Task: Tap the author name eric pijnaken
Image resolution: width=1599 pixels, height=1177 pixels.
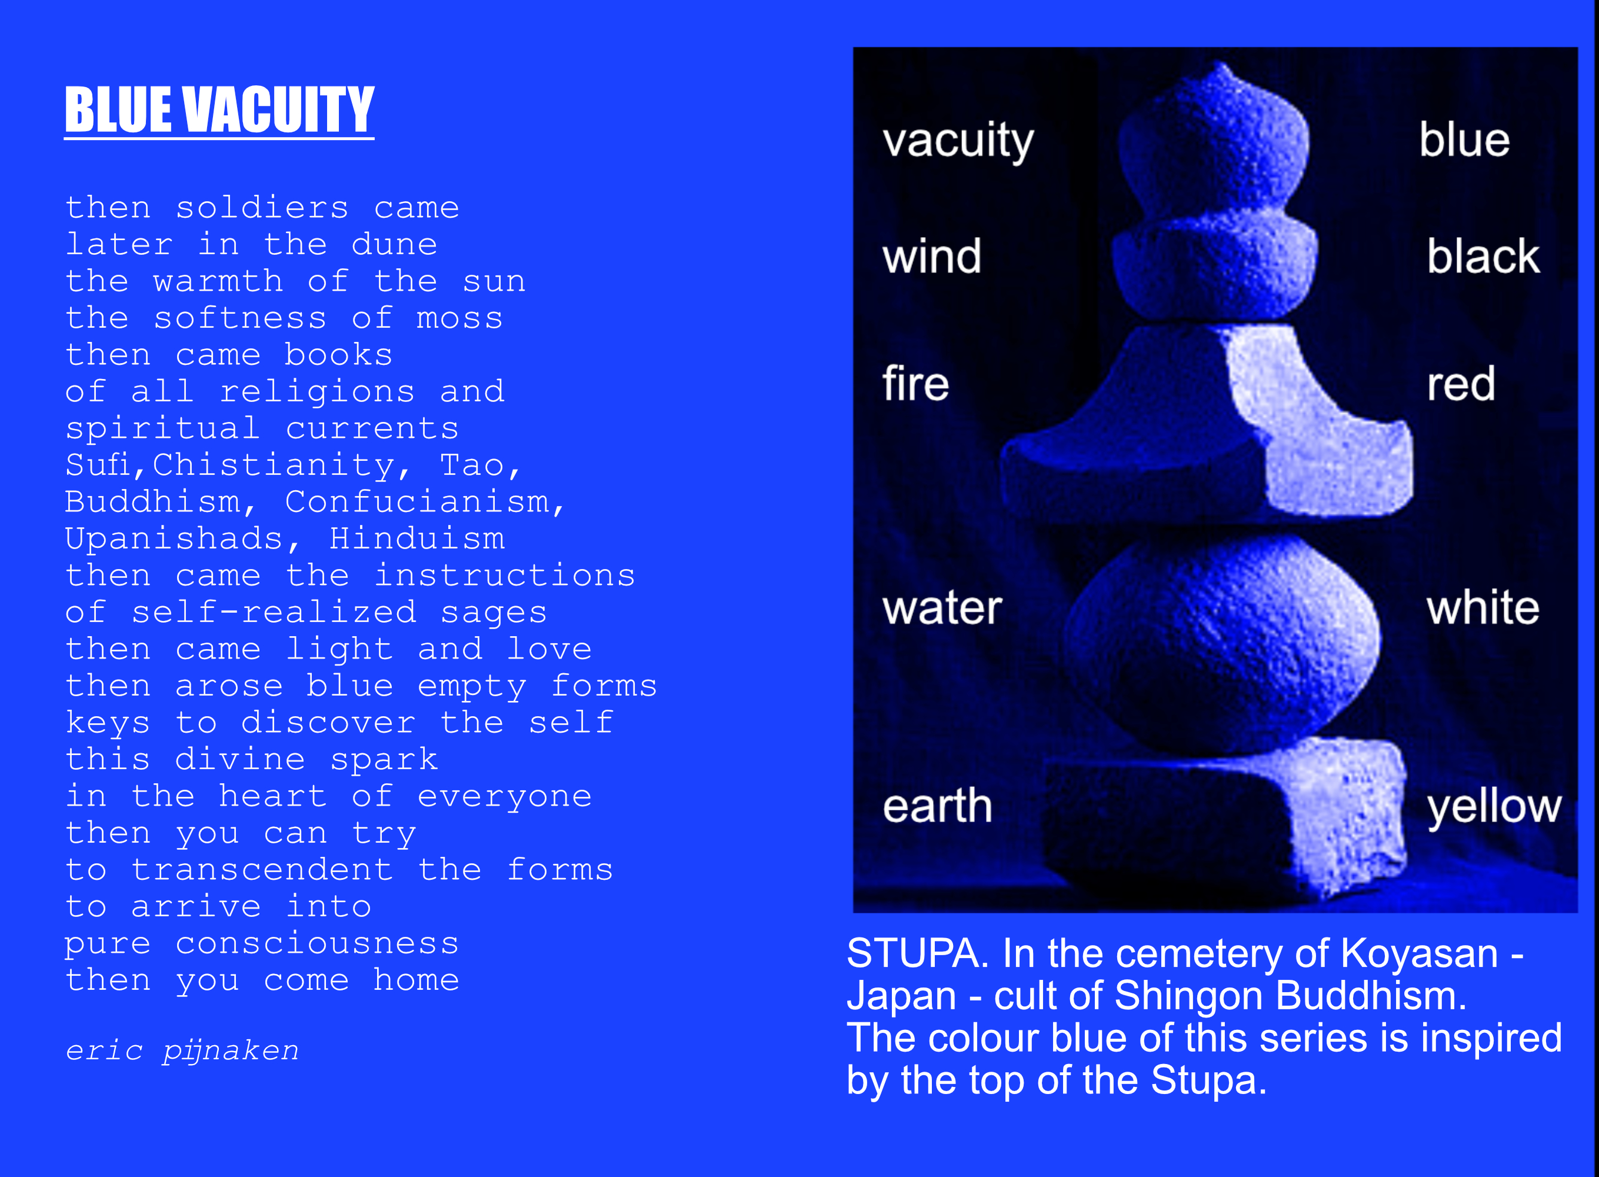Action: point(182,1051)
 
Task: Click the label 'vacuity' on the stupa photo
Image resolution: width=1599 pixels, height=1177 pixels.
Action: point(958,141)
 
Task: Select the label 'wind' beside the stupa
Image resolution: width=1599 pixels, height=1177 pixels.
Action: point(932,257)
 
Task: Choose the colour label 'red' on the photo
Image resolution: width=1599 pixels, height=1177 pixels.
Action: point(1460,384)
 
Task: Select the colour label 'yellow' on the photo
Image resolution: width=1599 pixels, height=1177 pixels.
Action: point(1494,808)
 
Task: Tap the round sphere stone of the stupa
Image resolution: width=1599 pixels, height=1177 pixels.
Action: point(1220,645)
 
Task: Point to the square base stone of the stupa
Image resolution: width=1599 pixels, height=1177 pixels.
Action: point(1224,819)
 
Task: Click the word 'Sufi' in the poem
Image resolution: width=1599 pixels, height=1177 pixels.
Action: point(98,464)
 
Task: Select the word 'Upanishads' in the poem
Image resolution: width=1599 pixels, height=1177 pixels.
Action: point(175,538)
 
